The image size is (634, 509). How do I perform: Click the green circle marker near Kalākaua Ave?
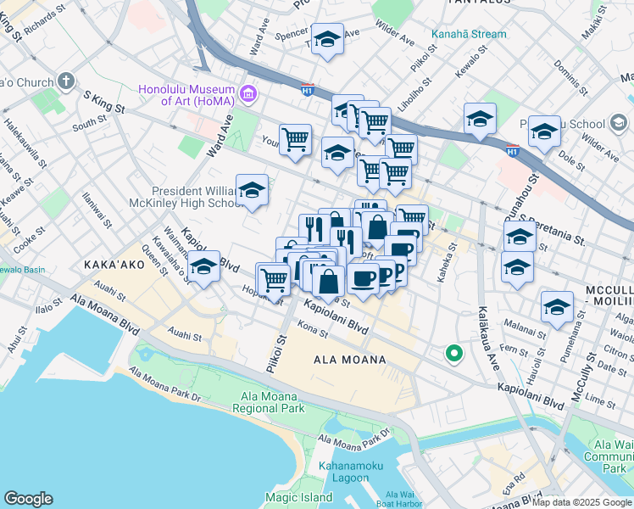(454, 355)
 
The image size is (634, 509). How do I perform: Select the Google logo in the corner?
(28, 499)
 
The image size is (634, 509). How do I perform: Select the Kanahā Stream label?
(470, 35)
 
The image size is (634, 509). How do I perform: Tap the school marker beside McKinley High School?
(252, 192)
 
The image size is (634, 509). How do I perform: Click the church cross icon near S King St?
(64, 82)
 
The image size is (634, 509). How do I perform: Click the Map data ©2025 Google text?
(581, 503)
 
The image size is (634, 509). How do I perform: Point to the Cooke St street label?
(23, 240)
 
